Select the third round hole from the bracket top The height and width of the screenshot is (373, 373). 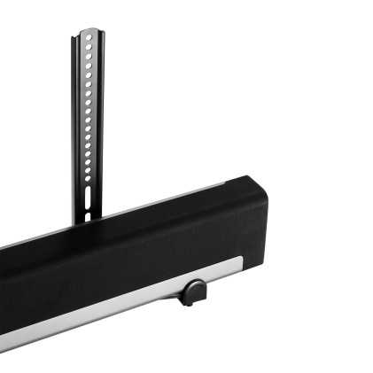pos(89,55)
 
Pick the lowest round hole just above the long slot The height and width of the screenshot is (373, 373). pos(87,178)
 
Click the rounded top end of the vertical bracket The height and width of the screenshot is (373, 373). pos(89,32)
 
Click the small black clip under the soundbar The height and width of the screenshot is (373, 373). pos(192,291)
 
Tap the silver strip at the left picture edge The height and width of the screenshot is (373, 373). pos(4,344)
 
